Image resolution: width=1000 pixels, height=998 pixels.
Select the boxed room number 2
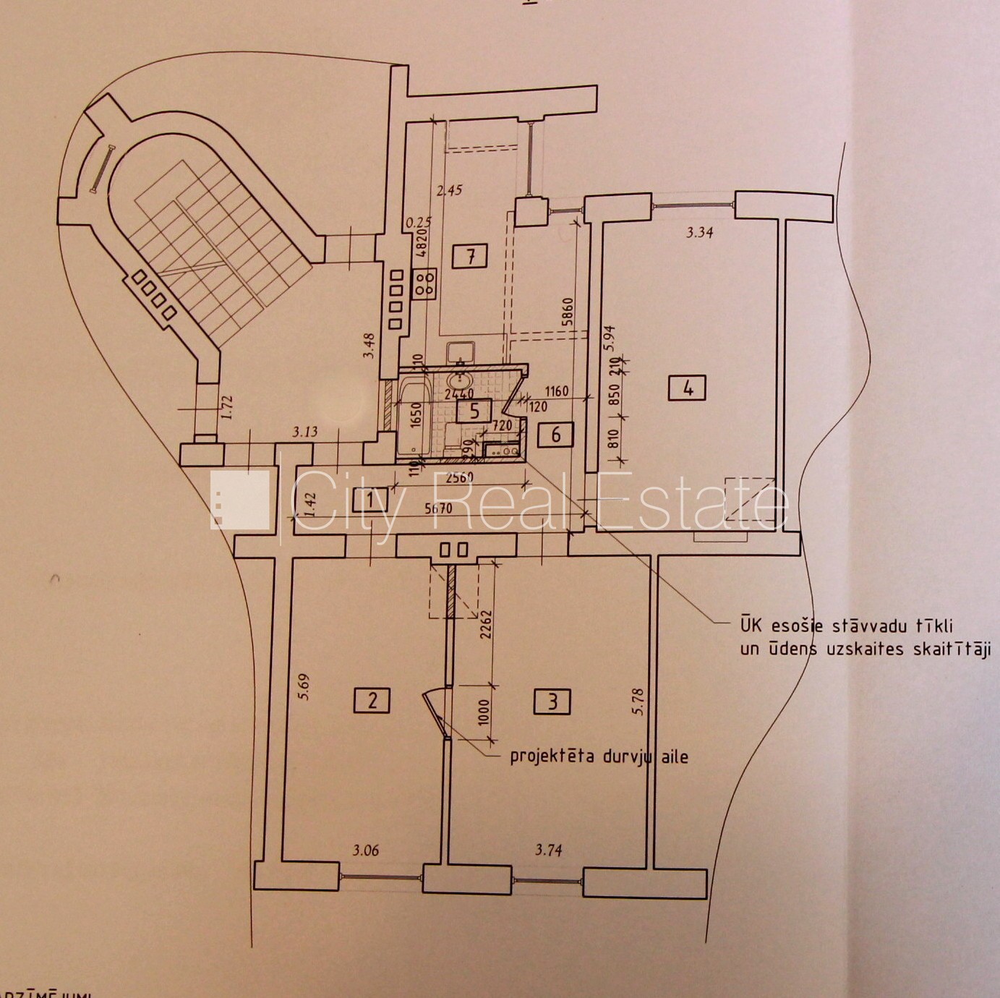(372, 700)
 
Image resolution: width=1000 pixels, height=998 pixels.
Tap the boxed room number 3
(552, 700)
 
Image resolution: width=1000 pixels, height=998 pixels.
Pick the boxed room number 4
(688, 388)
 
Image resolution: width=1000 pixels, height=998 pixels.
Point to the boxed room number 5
(474, 411)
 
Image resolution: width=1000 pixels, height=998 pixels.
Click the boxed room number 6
(556, 434)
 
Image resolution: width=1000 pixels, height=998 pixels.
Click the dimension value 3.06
(365, 850)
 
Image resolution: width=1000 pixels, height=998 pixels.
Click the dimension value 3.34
(699, 233)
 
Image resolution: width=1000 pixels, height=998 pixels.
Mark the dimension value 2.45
(449, 191)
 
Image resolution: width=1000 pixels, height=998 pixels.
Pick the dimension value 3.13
(304, 432)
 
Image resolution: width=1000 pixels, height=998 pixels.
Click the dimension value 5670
(438, 508)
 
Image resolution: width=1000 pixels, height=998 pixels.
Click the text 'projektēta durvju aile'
(599, 757)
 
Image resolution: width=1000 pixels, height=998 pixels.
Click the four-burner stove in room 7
(424, 283)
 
